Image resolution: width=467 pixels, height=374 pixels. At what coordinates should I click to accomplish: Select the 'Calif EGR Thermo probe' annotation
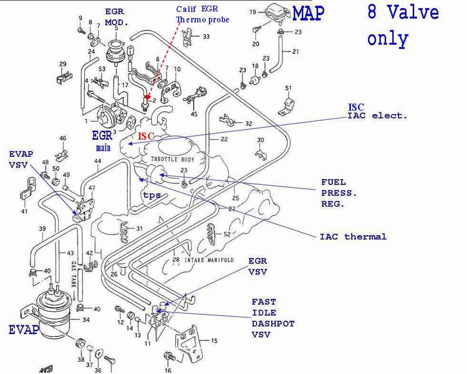[203, 15]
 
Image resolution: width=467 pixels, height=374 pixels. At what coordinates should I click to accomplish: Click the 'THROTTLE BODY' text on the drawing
[172, 160]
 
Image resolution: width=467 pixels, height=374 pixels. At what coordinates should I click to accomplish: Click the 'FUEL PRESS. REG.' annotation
[339, 193]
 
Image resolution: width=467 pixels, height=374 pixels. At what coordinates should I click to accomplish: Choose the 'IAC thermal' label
[353, 237]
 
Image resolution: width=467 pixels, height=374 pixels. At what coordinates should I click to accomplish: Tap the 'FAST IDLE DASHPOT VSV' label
[273, 318]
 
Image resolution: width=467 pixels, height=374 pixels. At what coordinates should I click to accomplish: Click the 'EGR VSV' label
[258, 266]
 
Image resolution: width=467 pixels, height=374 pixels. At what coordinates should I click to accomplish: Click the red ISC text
[145, 137]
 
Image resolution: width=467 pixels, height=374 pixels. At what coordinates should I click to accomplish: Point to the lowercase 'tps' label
[152, 195]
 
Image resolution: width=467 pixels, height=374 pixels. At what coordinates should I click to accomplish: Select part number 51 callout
[288, 88]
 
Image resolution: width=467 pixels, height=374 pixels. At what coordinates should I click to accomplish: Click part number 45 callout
[194, 114]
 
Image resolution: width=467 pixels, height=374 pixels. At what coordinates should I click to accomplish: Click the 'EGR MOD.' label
[116, 17]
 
